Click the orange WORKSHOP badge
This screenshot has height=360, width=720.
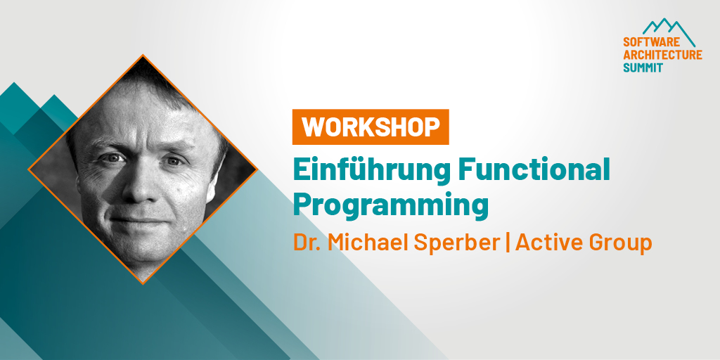[371, 127]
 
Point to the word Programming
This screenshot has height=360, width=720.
[390, 205]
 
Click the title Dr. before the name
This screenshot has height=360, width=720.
[307, 243]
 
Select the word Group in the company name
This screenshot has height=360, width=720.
[621, 243]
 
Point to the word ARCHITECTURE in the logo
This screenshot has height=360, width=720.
[662, 56]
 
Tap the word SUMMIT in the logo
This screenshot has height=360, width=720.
[642, 68]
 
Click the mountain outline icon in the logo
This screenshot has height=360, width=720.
[668, 28]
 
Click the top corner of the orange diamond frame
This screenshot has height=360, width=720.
[143, 56]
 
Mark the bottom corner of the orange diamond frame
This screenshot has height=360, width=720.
[143, 283]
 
